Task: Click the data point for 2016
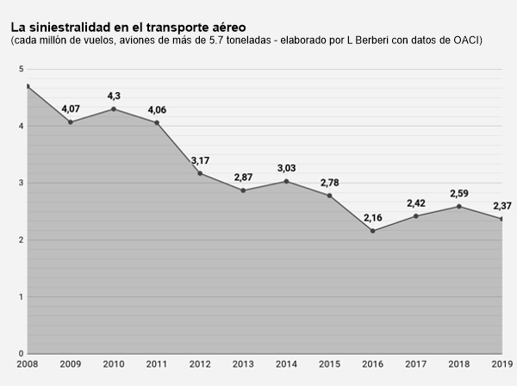(373, 230)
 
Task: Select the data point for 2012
(200, 173)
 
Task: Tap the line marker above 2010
(114, 109)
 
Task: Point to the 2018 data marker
(459, 206)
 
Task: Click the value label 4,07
(71, 109)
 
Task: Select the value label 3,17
(200, 160)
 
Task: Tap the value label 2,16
(373, 217)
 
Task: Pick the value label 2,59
(459, 193)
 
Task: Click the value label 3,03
(287, 168)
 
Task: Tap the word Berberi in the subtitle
(376, 40)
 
